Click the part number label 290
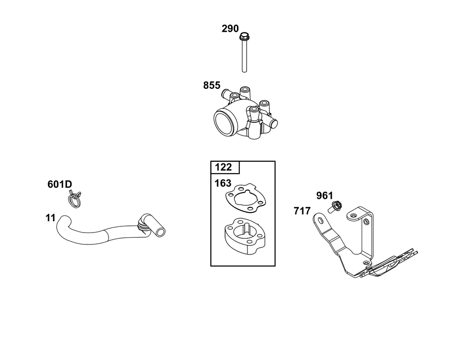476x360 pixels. click(x=230, y=29)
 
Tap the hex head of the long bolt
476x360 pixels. click(x=243, y=37)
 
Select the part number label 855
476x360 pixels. click(x=212, y=86)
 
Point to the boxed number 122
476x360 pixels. click(x=223, y=167)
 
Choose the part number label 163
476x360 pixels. click(x=223, y=183)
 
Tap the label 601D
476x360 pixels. click(x=60, y=185)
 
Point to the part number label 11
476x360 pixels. click(x=50, y=218)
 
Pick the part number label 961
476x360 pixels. click(x=325, y=195)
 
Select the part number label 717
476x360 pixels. click(x=302, y=211)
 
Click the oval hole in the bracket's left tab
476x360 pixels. click(x=320, y=220)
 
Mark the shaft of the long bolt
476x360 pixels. click(x=244, y=56)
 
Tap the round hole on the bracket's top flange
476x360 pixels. click(x=352, y=216)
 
